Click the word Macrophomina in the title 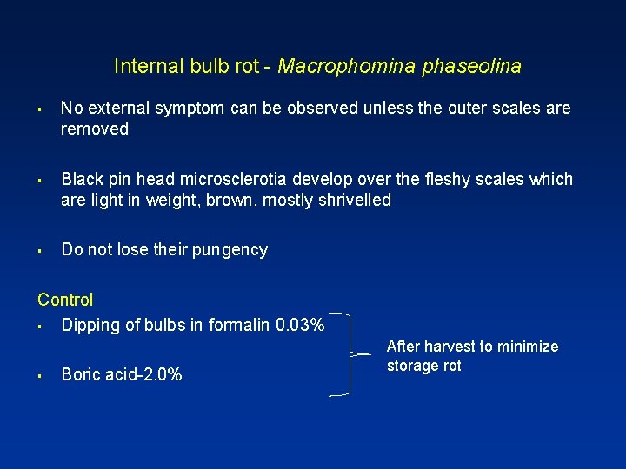point(347,66)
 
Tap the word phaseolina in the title point(471,66)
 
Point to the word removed point(95,129)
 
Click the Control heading point(65,301)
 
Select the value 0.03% point(300,326)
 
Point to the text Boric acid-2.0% point(122,375)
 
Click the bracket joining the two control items point(350,354)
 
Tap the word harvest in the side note point(446,347)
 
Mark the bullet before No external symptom point(41,109)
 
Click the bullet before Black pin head point(41,181)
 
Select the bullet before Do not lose point(41,251)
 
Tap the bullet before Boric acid point(41,376)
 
